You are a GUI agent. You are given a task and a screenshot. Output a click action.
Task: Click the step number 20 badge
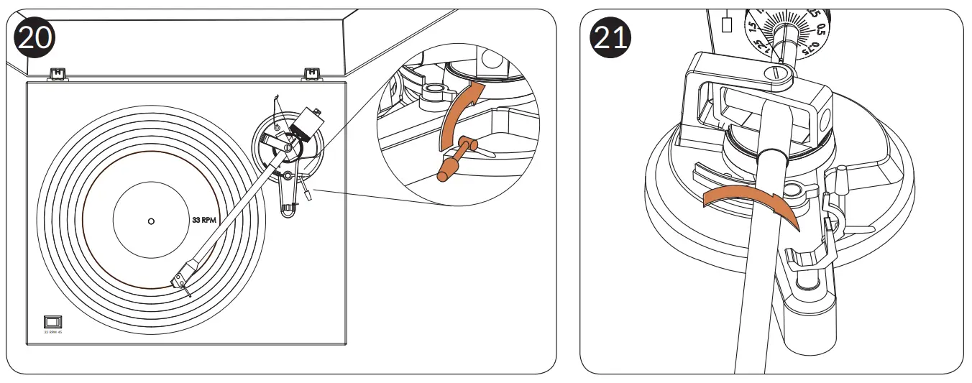tap(35, 37)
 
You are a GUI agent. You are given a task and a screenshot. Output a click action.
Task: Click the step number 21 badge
tap(610, 37)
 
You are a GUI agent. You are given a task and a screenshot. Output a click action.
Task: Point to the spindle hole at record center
tap(150, 221)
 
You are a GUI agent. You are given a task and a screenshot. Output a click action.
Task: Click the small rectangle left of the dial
tap(726, 24)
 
